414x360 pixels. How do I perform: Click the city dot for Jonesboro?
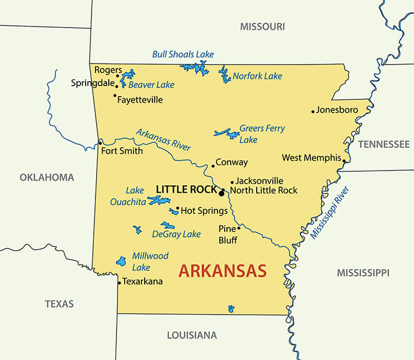(x=313, y=111)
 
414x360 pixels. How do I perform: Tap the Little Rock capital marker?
(x=221, y=193)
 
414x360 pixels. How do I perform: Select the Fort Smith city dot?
(x=100, y=143)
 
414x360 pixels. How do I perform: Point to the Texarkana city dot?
(x=119, y=283)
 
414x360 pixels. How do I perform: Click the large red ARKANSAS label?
(x=222, y=271)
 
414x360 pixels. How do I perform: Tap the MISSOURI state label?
(x=262, y=27)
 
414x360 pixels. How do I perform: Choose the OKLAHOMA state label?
(x=47, y=177)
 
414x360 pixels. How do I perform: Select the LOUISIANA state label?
(x=192, y=335)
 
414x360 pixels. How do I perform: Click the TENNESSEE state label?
(x=384, y=144)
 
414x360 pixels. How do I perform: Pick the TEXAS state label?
(x=59, y=304)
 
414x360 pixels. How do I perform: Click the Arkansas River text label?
(x=163, y=140)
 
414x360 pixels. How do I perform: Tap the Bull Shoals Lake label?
(x=183, y=54)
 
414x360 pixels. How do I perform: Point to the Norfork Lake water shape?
(x=225, y=75)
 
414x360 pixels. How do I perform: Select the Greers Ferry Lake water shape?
(x=226, y=134)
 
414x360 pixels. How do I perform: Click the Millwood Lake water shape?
(x=121, y=261)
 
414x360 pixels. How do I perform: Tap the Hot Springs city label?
(x=204, y=210)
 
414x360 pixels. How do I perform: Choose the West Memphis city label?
(x=311, y=158)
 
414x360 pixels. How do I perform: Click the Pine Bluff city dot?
(x=238, y=227)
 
